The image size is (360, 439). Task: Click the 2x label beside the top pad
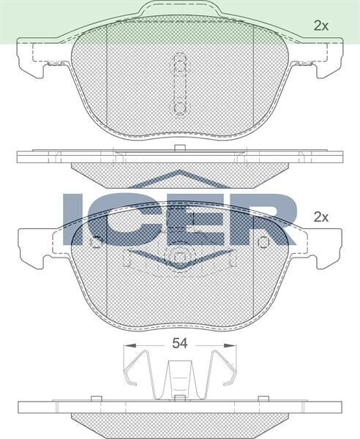[x=320, y=26]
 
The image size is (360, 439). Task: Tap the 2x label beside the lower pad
[x=320, y=217]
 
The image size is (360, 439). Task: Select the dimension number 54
[x=180, y=342]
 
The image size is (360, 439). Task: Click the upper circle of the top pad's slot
[x=179, y=64]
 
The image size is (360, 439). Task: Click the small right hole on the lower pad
[x=264, y=241]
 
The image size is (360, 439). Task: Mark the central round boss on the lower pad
[x=179, y=258]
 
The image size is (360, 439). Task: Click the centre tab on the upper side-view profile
[x=179, y=149]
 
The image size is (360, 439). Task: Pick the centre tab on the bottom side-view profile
[x=179, y=399]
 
